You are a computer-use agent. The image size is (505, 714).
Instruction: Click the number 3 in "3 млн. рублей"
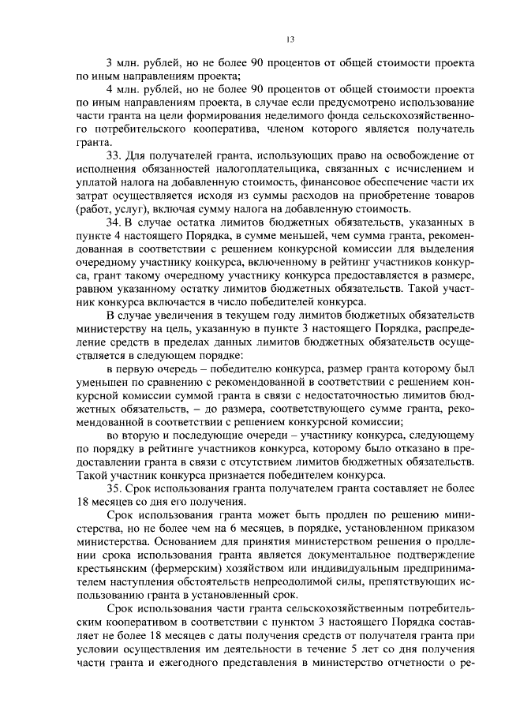110,63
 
